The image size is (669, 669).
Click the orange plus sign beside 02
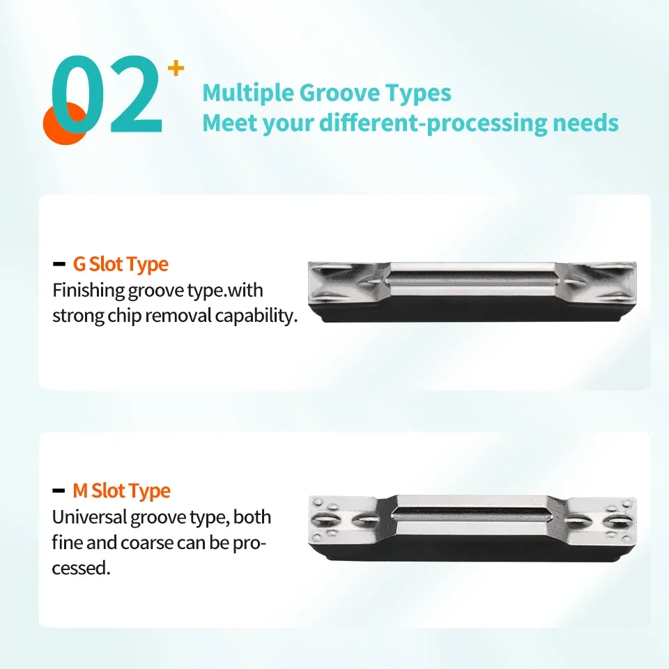(176, 69)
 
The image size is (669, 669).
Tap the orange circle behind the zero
(65, 123)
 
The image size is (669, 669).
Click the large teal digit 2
(136, 94)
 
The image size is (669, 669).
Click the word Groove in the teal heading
(339, 93)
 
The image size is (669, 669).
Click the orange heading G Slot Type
(121, 265)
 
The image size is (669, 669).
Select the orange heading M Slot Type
(121, 491)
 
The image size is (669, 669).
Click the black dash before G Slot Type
(59, 265)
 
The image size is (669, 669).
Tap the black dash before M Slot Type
(59, 491)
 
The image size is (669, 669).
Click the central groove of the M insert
(472, 515)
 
